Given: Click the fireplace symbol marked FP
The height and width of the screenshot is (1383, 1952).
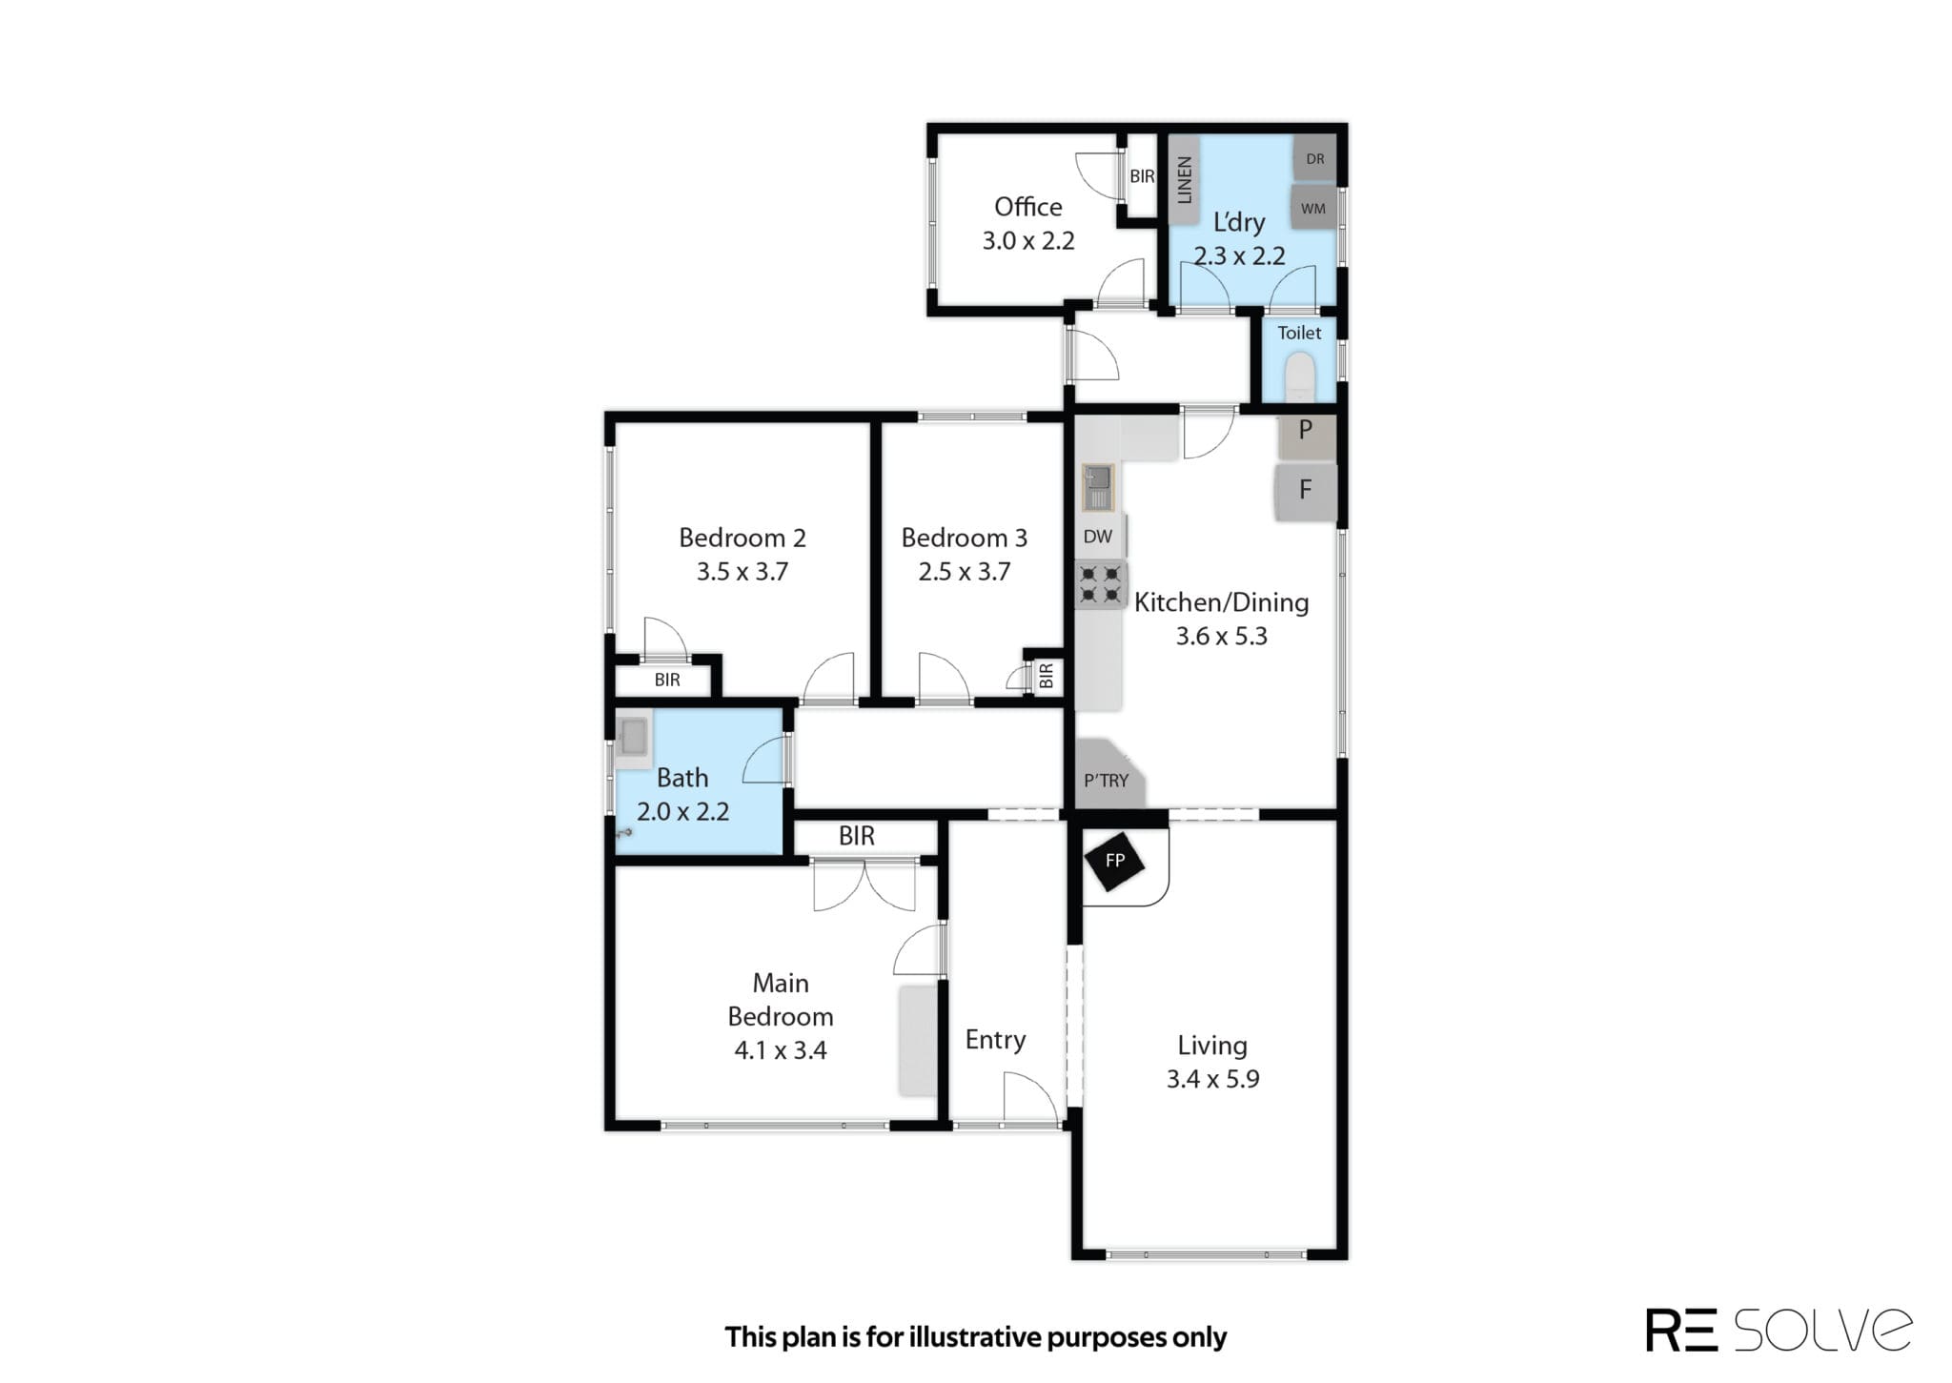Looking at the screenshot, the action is (1114, 861).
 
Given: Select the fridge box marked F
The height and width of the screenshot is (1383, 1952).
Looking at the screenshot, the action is (1305, 490).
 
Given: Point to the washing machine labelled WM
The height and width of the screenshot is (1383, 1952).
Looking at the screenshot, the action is (1313, 208).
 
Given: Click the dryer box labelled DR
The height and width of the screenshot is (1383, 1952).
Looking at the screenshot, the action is (1315, 158).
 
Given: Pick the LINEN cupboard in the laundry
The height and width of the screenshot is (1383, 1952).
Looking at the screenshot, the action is (1184, 179).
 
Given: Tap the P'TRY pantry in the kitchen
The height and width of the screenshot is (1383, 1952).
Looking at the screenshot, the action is (1108, 775).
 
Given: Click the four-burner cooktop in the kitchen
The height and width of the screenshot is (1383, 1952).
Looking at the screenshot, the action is (1100, 584).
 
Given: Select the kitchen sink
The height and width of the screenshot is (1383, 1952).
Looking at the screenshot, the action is (1099, 486).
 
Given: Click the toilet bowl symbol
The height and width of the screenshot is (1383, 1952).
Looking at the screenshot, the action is (1299, 377).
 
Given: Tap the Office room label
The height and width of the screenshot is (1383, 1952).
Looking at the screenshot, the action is (1027, 207).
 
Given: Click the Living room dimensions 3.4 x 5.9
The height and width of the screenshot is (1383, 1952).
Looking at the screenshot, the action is (1212, 1079).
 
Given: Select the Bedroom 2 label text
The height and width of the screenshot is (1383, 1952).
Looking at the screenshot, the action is (742, 538).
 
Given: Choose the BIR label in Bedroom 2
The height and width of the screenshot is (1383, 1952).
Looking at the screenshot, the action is (667, 680).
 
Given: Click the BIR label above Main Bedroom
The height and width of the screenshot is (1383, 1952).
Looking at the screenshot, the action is (856, 836).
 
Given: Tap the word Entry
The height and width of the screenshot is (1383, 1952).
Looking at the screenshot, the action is (995, 1040).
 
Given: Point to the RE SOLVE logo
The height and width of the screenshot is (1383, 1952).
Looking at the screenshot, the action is (1779, 1330).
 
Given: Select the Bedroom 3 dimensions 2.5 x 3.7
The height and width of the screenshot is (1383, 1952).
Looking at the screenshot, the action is (964, 572).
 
